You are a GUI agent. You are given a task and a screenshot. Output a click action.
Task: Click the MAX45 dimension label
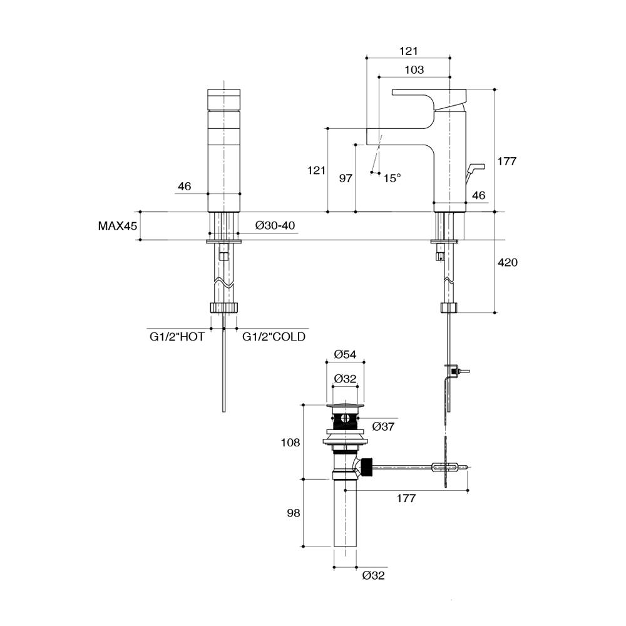click(x=117, y=226)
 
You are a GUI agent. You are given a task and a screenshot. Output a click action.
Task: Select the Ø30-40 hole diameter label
click(x=276, y=226)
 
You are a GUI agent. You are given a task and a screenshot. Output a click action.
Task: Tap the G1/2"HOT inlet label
click(x=177, y=337)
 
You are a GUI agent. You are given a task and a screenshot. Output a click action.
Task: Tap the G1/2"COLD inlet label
click(x=274, y=337)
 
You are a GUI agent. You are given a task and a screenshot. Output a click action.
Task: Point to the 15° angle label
click(x=392, y=178)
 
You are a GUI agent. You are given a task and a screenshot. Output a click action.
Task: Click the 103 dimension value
click(x=414, y=69)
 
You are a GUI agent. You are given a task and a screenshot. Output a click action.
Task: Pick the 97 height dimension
click(x=346, y=178)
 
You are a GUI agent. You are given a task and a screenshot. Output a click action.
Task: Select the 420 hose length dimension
click(x=507, y=262)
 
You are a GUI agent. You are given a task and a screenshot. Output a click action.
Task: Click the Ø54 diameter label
click(x=345, y=354)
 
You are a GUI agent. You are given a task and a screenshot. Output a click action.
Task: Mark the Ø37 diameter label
click(x=382, y=426)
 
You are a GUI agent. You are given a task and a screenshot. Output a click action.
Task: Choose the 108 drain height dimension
click(x=290, y=443)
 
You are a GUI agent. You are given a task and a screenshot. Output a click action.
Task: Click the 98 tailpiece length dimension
click(x=293, y=513)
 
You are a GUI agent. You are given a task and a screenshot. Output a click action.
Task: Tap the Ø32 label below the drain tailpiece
click(x=373, y=576)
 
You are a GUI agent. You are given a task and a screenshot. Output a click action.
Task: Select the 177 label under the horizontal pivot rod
click(x=406, y=498)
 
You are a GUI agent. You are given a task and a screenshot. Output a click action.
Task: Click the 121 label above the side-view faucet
click(x=408, y=51)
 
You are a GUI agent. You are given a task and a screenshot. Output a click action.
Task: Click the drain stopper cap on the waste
click(x=344, y=409)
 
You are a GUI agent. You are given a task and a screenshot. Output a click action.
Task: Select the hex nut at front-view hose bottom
click(x=223, y=307)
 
